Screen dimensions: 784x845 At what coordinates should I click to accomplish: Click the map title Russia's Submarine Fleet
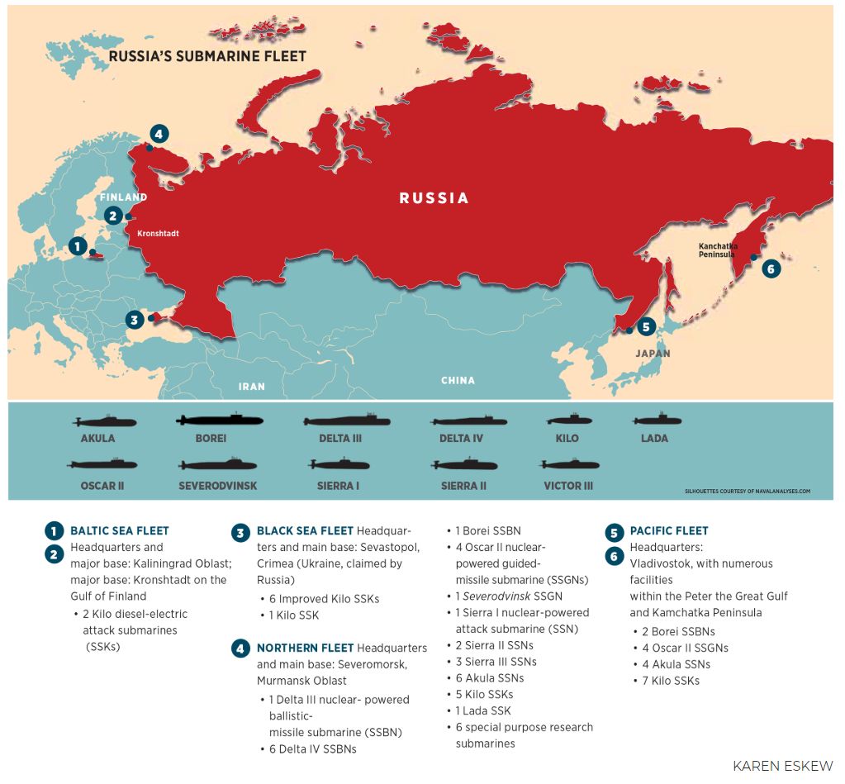click(x=207, y=57)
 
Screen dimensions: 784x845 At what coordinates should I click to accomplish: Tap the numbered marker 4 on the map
click(x=159, y=134)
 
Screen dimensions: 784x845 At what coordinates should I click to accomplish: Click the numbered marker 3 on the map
click(x=134, y=319)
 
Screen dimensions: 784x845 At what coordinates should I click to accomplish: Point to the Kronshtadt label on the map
click(x=158, y=234)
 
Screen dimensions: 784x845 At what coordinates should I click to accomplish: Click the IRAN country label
click(x=252, y=386)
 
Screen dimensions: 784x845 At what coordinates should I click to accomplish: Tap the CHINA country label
click(x=458, y=381)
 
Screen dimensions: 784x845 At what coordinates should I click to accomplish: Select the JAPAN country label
click(x=653, y=354)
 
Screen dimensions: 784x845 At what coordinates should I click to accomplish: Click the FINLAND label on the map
click(x=123, y=197)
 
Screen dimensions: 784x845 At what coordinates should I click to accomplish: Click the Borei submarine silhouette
click(x=219, y=420)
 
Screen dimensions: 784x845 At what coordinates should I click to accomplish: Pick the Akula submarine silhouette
click(x=104, y=422)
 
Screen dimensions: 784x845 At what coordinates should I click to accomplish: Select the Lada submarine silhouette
click(x=655, y=421)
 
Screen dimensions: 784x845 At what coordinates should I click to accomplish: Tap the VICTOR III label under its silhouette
click(x=568, y=486)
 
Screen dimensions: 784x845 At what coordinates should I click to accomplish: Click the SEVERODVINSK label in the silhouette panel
click(x=218, y=486)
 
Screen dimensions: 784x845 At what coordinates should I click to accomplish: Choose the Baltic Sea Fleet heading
click(x=119, y=531)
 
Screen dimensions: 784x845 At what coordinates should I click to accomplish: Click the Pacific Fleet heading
click(x=669, y=531)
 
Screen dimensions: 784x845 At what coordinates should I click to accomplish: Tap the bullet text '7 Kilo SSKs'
click(x=671, y=681)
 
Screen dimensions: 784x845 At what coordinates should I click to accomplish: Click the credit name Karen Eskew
click(x=782, y=766)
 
